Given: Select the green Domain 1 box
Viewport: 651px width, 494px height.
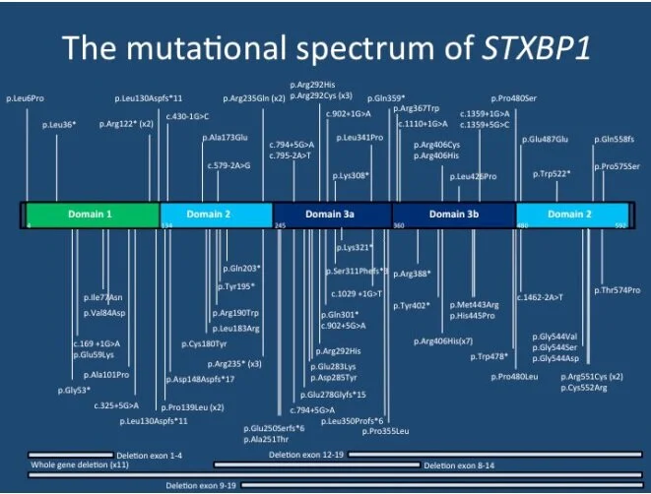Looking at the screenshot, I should coord(91,214).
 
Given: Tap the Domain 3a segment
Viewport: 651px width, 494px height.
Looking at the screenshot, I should coord(331,214).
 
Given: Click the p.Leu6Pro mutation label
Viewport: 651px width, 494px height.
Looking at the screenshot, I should coord(26,98).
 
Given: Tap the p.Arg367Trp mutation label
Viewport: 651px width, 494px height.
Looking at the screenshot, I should coord(417,108).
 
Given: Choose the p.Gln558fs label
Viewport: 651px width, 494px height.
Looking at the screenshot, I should coord(618,139).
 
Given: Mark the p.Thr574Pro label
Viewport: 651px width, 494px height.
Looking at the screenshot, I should coord(618,290).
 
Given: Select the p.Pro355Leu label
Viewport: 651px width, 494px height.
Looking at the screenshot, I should coord(386,431).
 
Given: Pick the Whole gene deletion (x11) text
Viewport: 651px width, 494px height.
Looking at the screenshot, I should coord(67,464).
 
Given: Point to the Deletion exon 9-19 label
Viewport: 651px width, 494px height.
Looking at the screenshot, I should coord(202,485).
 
